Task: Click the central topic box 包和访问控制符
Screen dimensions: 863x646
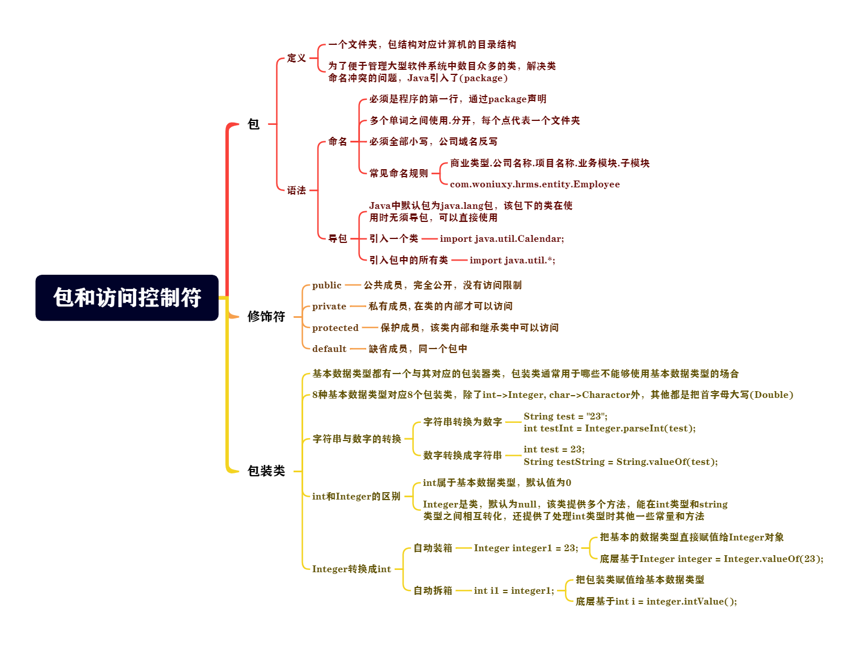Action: point(127,297)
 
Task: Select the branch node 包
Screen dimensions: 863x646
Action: point(254,124)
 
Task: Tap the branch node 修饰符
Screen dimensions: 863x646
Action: point(266,316)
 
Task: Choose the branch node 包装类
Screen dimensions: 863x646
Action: point(266,471)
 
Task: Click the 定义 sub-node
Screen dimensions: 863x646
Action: point(296,58)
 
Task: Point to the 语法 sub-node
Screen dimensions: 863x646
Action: point(296,190)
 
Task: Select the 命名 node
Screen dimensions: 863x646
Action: point(337,141)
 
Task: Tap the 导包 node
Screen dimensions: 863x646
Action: point(337,238)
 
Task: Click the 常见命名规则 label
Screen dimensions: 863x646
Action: point(399,173)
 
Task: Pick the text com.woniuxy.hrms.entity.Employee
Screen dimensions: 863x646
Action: point(535,184)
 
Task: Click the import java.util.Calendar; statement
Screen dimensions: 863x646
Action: point(502,238)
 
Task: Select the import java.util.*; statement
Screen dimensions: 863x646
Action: point(512,260)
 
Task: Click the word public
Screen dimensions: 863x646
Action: point(326,285)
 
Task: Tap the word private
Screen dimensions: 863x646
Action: point(329,306)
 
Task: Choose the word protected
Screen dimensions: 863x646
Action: point(335,328)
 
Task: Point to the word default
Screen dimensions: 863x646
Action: point(329,349)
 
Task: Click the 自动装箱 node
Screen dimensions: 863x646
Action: point(433,548)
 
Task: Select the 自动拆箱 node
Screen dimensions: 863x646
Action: point(433,590)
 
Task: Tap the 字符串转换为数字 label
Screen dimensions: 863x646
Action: point(462,422)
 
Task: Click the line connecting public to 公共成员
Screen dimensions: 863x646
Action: point(353,285)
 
